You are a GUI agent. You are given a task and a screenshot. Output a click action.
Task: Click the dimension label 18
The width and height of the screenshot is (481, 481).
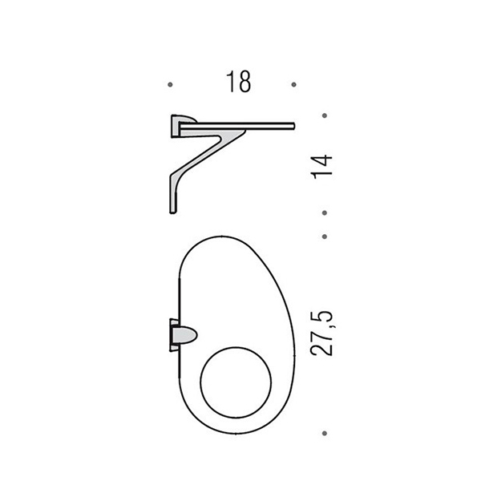(x=238, y=82)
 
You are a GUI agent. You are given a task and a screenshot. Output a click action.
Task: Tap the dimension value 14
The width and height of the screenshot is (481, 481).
(x=321, y=168)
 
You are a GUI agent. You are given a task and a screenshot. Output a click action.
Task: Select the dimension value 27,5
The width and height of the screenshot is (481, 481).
(x=321, y=333)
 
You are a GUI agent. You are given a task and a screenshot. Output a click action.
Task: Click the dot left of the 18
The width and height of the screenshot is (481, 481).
(x=170, y=84)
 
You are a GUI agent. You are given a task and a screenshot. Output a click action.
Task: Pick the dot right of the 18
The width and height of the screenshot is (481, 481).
(x=294, y=84)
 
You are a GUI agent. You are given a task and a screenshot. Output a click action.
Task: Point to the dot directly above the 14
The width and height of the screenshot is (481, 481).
(x=325, y=115)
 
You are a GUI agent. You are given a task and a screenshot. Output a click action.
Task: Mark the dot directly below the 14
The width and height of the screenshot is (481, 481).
(x=325, y=212)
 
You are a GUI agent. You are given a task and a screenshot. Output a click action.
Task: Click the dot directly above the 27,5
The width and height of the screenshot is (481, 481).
(x=325, y=236)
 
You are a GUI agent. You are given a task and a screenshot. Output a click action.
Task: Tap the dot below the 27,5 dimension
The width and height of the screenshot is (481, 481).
(x=325, y=433)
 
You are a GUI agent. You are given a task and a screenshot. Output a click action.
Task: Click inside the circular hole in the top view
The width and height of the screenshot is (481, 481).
(x=236, y=382)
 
